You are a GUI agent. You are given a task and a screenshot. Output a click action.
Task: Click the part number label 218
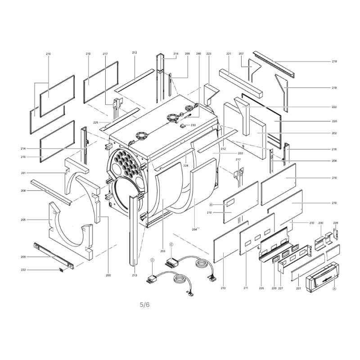pyautogui.click(x=334, y=61)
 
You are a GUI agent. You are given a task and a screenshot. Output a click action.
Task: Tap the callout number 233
pyautogui.click(x=193, y=125)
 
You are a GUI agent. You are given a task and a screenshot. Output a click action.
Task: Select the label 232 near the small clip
pyautogui.click(x=23, y=270)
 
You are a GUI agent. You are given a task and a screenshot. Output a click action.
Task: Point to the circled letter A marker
pyautogui.click(x=334, y=289)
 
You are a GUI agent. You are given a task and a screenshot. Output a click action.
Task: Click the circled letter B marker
pyautogui.click(x=211, y=204)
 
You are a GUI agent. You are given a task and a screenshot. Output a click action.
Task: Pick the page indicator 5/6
pyautogui.click(x=144, y=305)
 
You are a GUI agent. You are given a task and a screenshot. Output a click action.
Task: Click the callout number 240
pyautogui.click(x=198, y=54)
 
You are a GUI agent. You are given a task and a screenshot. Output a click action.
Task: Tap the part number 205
pyautogui.click(x=23, y=220)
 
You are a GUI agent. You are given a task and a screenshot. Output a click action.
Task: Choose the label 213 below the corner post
pyautogui.click(x=135, y=275)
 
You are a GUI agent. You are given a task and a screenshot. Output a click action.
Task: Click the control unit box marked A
pyautogui.click(x=323, y=277)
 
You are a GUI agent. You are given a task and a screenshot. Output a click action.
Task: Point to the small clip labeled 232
pyautogui.click(x=61, y=270)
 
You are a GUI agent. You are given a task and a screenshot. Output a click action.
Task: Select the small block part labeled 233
pyautogui.click(x=182, y=126)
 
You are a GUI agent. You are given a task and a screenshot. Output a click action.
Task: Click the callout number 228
pyautogui.click(x=335, y=223)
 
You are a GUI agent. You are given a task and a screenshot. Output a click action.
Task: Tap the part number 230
pyautogui.click(x=321, y=223)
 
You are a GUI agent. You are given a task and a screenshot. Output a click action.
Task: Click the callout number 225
pyautogui.click(x=96, y=122)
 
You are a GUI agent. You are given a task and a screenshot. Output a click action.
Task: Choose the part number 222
pyautogui.click(x=334, y=107)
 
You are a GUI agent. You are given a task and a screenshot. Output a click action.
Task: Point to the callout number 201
pyautogui.click(x=23, y=173)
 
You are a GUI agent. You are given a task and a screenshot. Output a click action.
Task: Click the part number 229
pyautogui.click(x=274, y=288)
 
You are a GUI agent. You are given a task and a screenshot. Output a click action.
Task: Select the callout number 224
pyautogui.click(x=186, y=165)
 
